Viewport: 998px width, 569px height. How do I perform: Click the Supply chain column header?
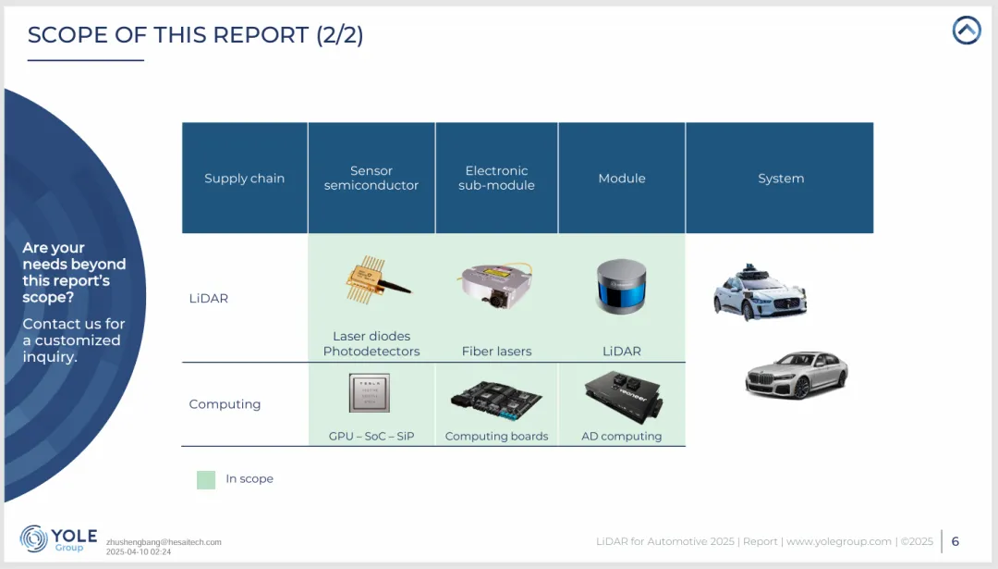pos(244,179)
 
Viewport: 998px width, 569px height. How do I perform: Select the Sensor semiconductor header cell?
pos(371,179)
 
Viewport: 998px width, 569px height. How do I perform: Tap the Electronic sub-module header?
pos(496,179)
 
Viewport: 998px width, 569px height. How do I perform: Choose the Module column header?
pos(622,179)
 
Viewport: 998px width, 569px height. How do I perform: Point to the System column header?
pos(781,179)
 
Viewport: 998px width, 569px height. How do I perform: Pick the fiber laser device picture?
pos(495,286)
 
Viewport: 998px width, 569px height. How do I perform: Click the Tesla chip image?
pos(370,393)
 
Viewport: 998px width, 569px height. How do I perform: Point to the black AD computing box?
pos(623,396)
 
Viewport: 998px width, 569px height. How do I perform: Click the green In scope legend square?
pos(206,479)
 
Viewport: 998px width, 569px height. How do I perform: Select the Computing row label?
pos(225,404)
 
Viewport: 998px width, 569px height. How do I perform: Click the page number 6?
pos(955,541)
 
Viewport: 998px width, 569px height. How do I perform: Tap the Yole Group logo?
pos(54,539)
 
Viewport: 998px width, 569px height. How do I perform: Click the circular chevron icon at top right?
pos(966,31)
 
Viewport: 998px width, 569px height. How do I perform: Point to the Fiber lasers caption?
pos(496,352)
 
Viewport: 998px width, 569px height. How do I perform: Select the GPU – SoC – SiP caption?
pos(371,437)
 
